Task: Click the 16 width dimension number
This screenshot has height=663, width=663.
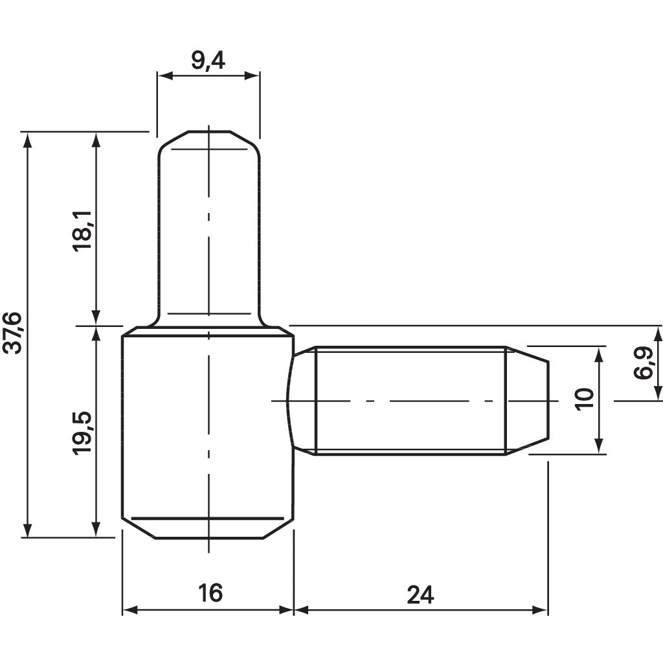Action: [208, 592]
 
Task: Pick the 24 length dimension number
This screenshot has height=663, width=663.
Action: [420, 594]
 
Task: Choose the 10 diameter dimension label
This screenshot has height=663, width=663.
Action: [584, 399]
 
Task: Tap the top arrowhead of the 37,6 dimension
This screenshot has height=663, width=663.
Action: [27, 139]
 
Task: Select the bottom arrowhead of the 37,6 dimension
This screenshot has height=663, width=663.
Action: [27, 530]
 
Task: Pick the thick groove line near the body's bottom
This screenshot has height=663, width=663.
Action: [207, 519]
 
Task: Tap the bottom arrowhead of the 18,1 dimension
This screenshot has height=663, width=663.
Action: [96, 317]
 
